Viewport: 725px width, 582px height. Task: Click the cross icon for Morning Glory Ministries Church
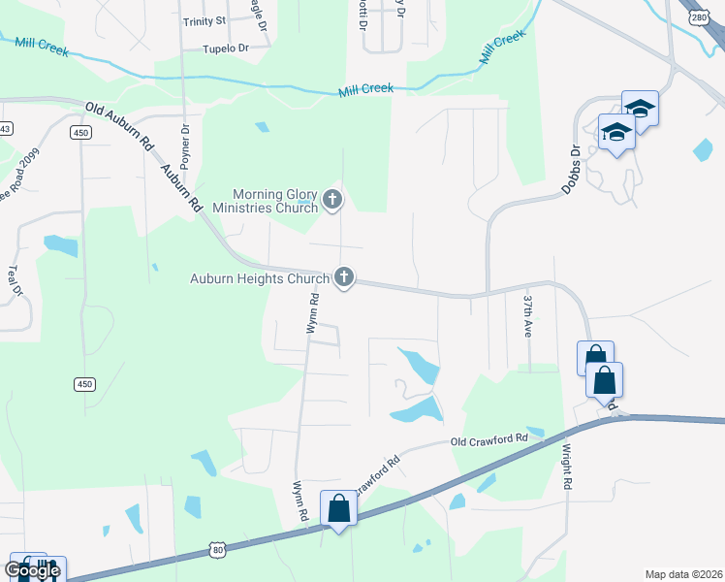pos(332,200)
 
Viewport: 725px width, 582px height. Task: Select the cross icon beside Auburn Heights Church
pos(343,278)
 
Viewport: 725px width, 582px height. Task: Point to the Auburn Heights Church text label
pos(260,279)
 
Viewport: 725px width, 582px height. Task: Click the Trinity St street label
pos(204,20)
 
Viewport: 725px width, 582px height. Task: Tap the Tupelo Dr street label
pos(226,47)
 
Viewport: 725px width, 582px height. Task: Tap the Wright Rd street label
pos(567,466)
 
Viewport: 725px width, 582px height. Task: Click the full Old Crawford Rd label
pos(489,439)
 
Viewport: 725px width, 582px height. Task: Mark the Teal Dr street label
pos(14,280)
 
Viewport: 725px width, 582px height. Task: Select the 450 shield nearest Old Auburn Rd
pos(80,133)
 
